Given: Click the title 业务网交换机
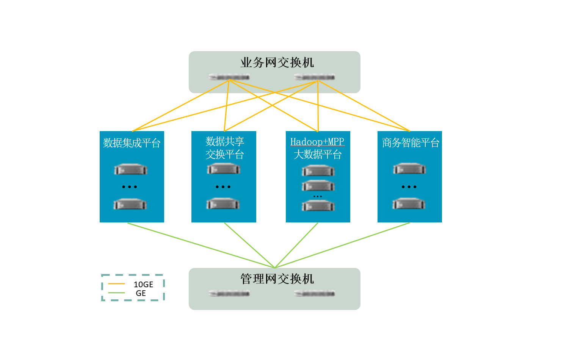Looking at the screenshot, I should click(x=277, y=63).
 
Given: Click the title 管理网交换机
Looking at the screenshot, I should click(x=277, y=279).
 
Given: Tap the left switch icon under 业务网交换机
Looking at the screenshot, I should click(x=229, y=77).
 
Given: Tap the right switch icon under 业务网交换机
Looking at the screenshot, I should click(x=315, y=77).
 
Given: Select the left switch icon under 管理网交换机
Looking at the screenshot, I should click(x=229, y=293).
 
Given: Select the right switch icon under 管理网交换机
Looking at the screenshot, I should click(x=315, y=293).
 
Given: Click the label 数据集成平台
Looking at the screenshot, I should click(x=132, y=143).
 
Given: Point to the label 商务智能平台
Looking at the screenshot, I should click(x=411, y=143).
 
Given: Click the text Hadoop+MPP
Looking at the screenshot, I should click(x=317, y=142).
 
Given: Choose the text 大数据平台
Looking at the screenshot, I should click(x=318, y=155).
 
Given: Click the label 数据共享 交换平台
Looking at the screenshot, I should click(x=225, y=148).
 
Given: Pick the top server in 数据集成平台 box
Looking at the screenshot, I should click(x=130, y=169).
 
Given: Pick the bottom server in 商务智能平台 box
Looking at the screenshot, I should click(x=409, y=204).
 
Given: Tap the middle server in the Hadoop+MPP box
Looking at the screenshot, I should click(x=318, y=186).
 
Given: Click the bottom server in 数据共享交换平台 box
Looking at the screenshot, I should click(x=223, y=204).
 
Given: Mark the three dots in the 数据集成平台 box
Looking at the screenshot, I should click(x=130, y=187).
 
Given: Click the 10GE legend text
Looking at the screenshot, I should click(x=143, y=285).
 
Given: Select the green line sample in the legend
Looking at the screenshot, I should click(x=116, y=293).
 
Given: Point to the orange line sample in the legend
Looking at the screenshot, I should click(x=116, y=284).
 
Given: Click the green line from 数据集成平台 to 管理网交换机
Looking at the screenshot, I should click(x=201, y=245).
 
